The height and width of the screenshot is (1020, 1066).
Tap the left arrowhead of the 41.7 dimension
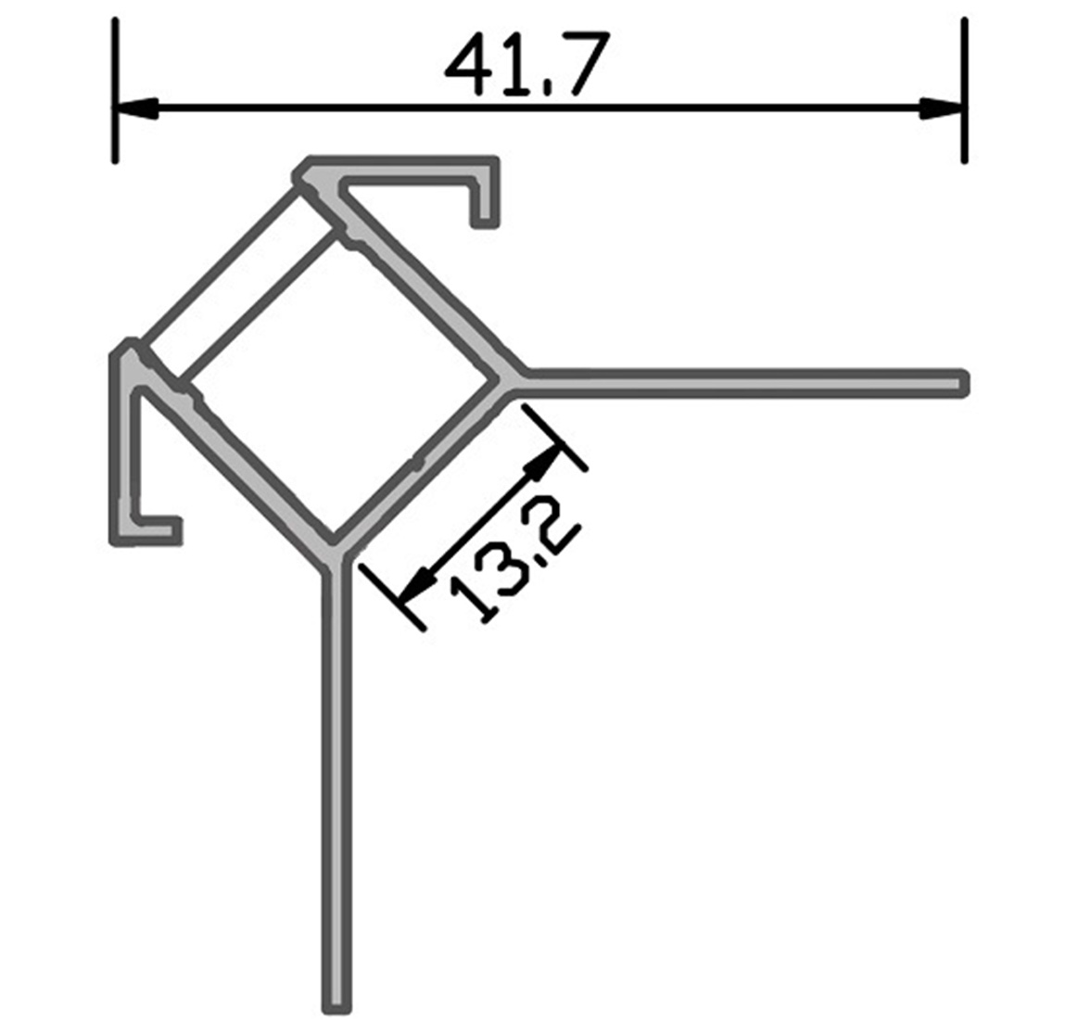[x=134, y=108]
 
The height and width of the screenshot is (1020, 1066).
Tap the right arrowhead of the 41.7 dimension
[x=942, y=108]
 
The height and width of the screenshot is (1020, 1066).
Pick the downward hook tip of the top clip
[x=485, y=219]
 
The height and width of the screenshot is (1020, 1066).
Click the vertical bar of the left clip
[x=124, y=445]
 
